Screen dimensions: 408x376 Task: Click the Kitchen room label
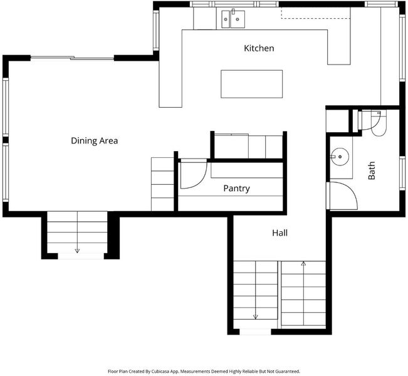pos(259,48)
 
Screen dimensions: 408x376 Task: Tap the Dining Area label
pos(95,140)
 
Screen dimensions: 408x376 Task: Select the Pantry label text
pos(236,188)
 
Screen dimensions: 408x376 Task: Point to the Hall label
pos(280,232)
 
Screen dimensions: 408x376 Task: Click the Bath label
pos(372,170)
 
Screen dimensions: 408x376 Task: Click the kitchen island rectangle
pos(251,84)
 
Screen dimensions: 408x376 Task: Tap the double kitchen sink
pos(233,19)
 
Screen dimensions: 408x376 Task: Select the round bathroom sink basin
pos(340,157)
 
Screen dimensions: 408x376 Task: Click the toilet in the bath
pos(379,123)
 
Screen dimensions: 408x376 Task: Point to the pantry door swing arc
pos(201,180)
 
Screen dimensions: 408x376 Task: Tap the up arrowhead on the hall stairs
pos(303,264)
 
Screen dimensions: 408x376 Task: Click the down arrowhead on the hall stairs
pos(256,316)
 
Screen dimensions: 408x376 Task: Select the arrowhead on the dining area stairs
pos(77,251)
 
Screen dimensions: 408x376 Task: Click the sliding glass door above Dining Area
pos(72,58)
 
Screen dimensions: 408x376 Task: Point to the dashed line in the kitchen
pos(315,18)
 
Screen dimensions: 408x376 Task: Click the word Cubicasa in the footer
pos(160,372)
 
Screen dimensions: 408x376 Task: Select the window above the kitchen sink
pos(234,4)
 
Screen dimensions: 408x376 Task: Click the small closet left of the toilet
pos(337,121)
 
